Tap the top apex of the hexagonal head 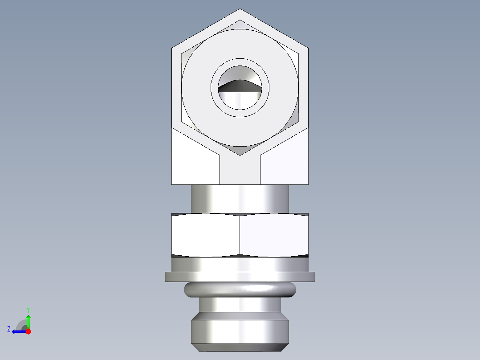click(240, 9)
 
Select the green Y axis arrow click(28, 321)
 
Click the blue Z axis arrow click(18, 331)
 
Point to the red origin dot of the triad click(28, 331)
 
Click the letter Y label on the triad click(28, 309)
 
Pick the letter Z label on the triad click(9, 329)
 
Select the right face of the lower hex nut click(274, 235)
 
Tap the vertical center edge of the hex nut click(240, 235)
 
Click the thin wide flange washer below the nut click(240, 277)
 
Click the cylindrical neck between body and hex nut click(240, 199)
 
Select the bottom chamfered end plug click(240, 332)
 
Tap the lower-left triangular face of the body click(194, 163)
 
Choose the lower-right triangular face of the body click(286, 163)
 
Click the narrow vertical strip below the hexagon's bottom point click(240, 172)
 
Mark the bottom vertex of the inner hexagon click(240, 155)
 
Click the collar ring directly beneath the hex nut click(240, 265)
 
